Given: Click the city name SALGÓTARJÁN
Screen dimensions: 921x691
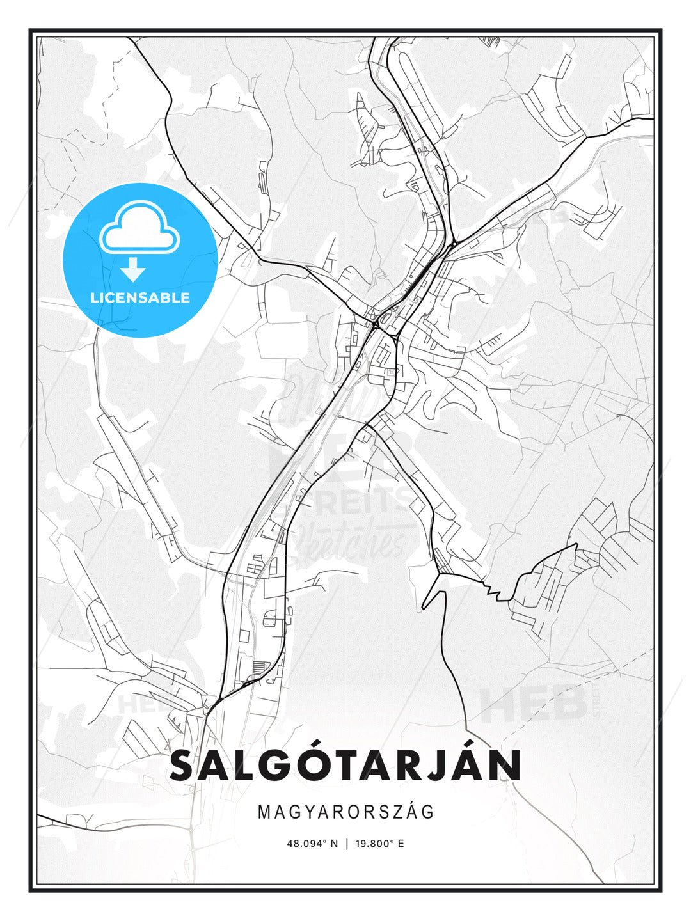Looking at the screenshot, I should (345, 765).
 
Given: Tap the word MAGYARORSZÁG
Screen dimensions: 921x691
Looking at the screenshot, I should (345, 812).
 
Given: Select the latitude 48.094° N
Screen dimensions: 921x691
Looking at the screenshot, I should (312, 844).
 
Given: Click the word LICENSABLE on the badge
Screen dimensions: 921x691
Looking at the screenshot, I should (140, 297).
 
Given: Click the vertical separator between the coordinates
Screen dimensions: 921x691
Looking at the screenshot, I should (346, 844).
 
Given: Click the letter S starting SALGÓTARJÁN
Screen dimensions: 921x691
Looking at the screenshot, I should (184, 766).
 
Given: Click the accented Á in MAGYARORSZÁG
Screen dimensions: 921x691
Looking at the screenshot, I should (411, 812).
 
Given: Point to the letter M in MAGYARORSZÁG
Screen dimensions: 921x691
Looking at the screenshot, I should (264, 812).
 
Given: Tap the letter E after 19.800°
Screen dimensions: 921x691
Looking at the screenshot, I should (401, 844).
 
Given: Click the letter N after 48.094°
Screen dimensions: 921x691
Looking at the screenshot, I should (333, 844).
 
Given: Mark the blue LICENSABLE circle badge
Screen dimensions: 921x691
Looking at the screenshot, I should (140, 260).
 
